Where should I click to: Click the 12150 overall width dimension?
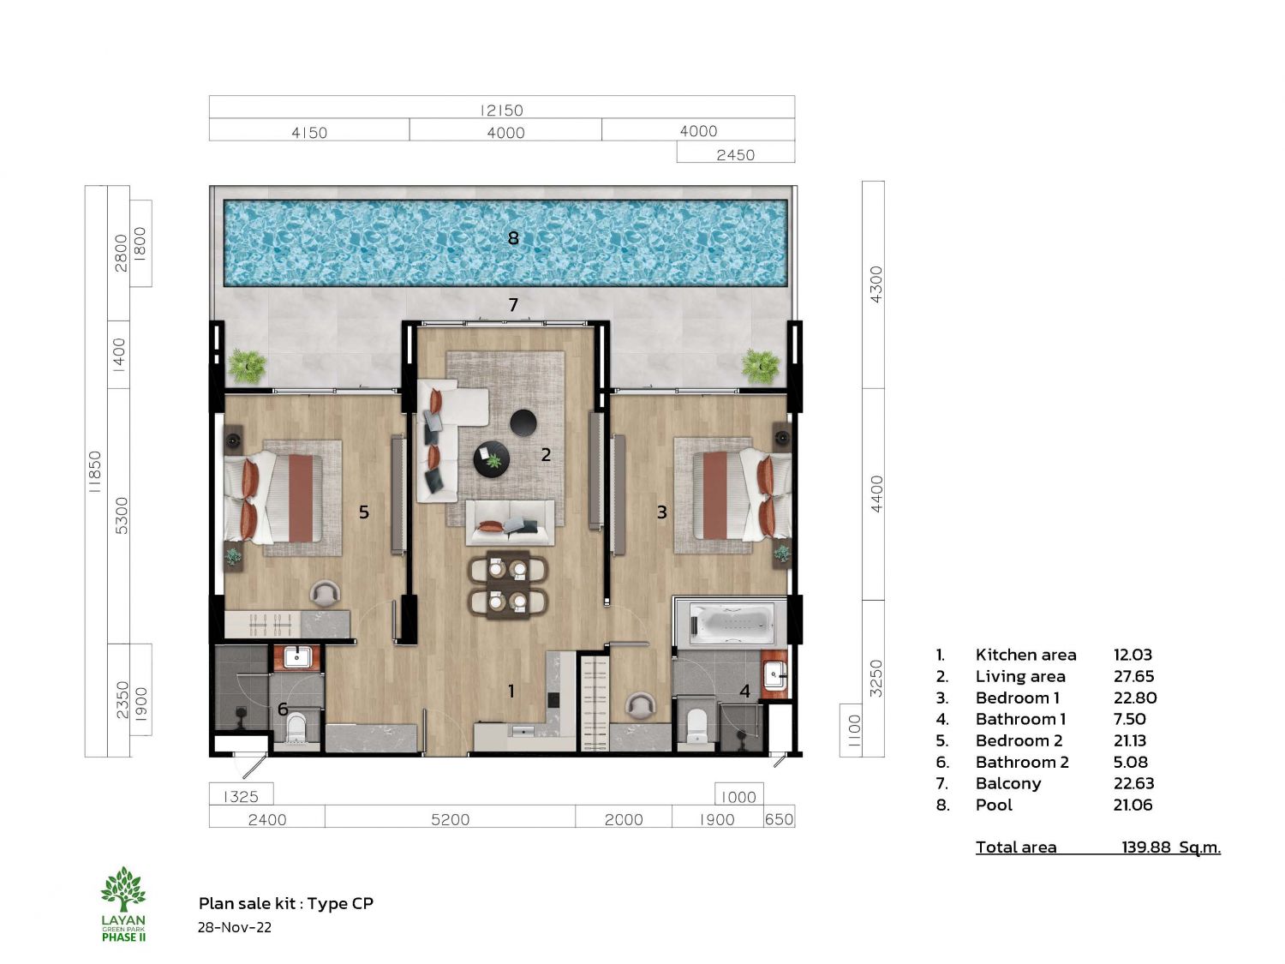pos(501,110)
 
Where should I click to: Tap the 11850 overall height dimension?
pos(95,472)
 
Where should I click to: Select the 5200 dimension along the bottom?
pos(451,819)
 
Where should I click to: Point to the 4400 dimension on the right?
pos(876,494)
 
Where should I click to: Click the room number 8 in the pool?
pos(513,238)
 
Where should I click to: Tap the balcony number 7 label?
pos(513,305)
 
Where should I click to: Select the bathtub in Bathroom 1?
pos(732,622)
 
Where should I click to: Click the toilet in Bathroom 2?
pos(296,727)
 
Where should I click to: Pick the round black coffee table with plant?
pos(491,458)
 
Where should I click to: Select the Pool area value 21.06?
pos(1133,805)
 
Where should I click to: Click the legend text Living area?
pos(1019,677)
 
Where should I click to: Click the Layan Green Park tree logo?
pos(123,889)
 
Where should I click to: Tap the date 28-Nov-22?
pos(235,928)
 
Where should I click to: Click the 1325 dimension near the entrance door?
pos(241,797)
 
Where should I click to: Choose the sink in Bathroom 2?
pos(296,657)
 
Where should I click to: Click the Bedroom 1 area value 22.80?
pos(1134,698)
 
